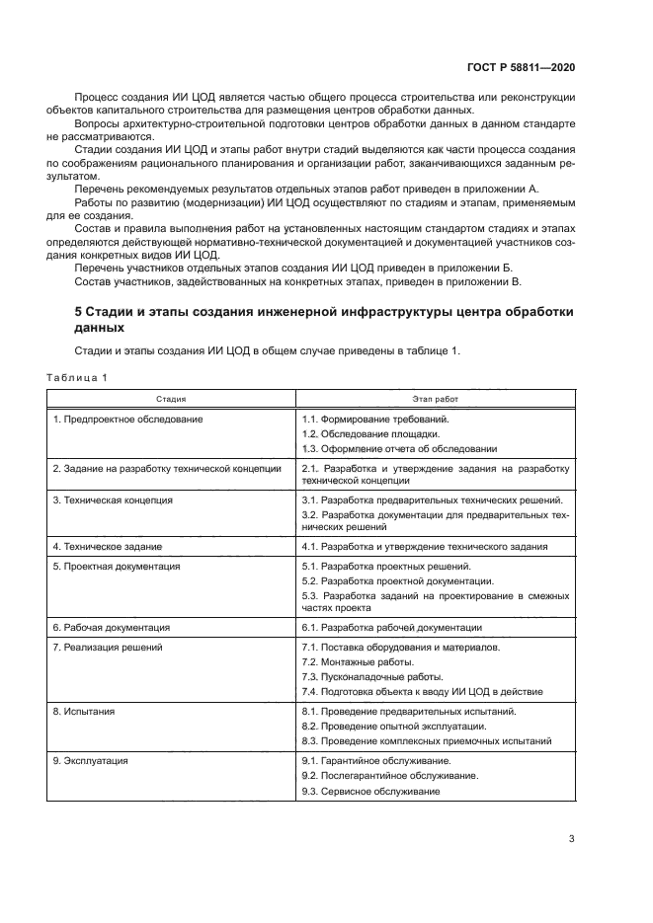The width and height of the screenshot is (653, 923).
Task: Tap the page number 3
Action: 571,840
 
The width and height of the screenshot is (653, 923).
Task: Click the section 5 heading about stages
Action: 325,320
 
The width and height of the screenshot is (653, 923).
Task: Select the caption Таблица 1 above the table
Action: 77,378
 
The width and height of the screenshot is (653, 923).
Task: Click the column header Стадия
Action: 170,399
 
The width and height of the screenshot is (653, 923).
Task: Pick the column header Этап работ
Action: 435,399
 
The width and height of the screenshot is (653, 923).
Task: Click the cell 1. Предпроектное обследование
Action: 127,420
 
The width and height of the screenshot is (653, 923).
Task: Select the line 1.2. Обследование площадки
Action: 370,434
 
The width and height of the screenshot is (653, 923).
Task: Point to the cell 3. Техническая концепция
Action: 113,500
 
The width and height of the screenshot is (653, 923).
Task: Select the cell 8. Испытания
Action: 84,711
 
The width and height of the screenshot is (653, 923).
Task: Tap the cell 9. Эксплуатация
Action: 90,761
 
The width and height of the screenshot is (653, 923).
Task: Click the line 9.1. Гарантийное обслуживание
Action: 376,761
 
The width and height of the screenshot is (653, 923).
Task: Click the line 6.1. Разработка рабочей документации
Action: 391,627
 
